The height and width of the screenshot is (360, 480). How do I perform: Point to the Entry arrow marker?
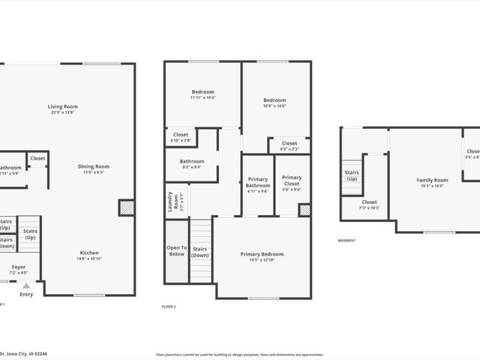coord(26,286)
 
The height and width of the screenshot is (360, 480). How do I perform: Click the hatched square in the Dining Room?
coord(126,207)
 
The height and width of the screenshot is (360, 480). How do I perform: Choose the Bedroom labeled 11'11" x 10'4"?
coord(202,94)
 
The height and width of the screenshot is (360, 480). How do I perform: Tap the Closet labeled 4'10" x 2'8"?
coord(181,137)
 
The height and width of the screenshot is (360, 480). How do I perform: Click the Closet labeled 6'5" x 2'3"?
coord(289,145)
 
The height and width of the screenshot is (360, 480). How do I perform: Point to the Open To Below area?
coord(176,250)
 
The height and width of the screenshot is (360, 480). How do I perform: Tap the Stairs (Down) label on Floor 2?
coord(200,251)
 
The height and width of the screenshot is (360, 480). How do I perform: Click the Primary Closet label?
coord(291,183)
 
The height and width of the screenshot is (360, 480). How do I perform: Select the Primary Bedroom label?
coord(262,257)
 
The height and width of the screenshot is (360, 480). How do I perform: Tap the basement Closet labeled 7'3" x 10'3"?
coord(369,205)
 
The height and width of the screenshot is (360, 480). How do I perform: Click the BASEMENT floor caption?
coord(346,241)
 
